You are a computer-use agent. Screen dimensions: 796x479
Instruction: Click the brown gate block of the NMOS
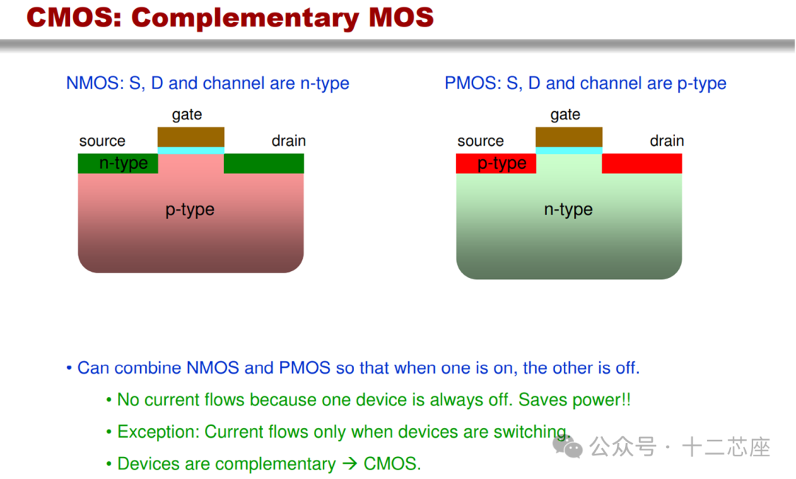tap(191, 137)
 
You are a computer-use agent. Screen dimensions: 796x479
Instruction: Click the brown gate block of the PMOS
tap(569, 137)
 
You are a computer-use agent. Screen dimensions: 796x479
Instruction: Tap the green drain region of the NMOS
tap(264, 164)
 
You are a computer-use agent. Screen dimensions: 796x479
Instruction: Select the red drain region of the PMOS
tap(642, 164)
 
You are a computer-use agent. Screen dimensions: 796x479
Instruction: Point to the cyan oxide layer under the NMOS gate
tap(191, 151)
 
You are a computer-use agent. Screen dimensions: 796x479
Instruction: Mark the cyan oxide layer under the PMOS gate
tap(569, 151)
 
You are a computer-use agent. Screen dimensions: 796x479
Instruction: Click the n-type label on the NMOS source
tap(123, 164)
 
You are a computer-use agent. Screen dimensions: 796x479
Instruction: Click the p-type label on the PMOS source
tap(502, 164)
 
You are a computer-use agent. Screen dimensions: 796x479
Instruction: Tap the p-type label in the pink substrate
tap(190, 209)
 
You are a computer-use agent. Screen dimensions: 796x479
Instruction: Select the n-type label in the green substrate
tap(568, 209)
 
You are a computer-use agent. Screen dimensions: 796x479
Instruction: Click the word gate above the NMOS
tap(186, 115)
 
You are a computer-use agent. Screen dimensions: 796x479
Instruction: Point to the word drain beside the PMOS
tap(666, 141)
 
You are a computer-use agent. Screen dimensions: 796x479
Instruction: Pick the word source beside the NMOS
tap(102, 141)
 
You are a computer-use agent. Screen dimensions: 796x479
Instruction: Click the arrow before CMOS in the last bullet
tap(350, 464)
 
